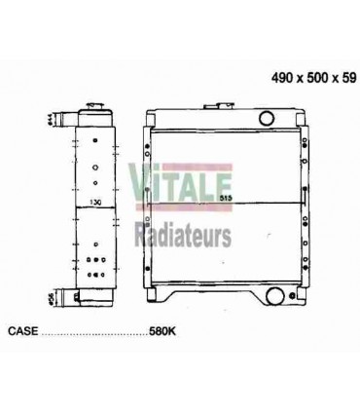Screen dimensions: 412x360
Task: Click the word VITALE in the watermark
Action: click(x=173, y=179)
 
